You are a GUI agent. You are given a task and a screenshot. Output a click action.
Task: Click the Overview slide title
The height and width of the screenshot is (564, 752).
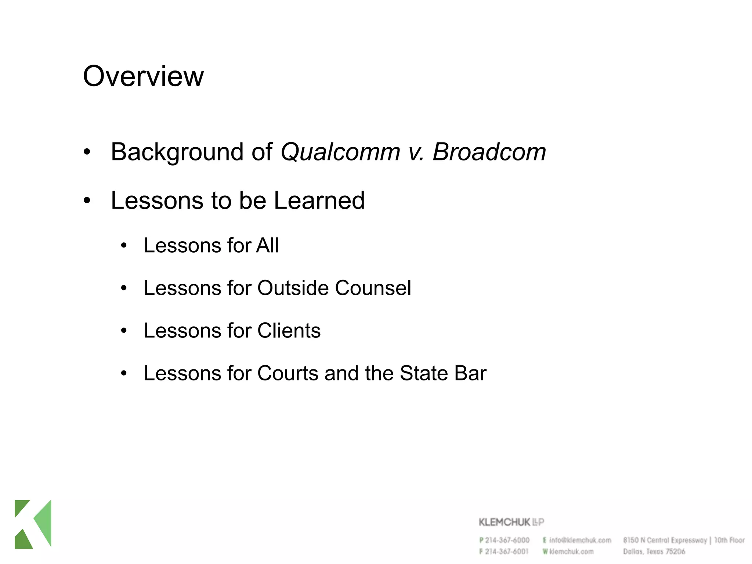[x=143, y=76]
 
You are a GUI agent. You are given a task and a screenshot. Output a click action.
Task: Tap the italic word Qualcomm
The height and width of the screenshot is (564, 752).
[x=340, y=152]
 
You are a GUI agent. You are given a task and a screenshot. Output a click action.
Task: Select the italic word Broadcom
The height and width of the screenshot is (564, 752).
[x=489, y=152]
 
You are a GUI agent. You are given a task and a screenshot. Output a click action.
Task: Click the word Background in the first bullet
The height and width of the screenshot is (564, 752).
[x=177, y=152]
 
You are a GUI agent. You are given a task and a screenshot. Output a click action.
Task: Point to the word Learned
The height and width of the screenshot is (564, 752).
[x=319, y=200]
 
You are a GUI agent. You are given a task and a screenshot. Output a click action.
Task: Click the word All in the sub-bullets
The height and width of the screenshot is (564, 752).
[x=267, y=245]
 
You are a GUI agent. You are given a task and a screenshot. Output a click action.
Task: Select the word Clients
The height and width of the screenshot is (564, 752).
[x=289, y=330]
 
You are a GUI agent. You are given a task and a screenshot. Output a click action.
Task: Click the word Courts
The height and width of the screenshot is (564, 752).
[x=288, y=373]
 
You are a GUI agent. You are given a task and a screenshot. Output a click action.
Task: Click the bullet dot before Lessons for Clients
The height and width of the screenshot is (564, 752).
[x=124, y=331]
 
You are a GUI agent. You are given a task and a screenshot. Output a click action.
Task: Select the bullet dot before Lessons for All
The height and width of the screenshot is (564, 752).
[x=124, y=246]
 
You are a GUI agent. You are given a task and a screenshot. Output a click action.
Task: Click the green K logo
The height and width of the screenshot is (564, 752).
[x=33, y=524]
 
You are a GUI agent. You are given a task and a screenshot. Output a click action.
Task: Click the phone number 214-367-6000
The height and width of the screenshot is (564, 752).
[x=507, y=540]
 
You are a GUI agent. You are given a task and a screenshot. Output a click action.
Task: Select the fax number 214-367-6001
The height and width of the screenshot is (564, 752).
[x=507, y=552]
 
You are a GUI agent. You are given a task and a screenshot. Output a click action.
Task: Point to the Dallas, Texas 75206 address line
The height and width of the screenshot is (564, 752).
[x=654, y=552]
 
